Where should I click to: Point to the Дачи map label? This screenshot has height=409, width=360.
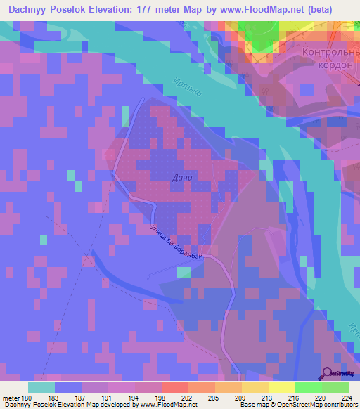181,178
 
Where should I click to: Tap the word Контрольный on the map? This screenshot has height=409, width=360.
329,52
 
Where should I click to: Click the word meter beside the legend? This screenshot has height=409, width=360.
11,397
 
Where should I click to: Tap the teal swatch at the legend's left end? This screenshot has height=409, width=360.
41,387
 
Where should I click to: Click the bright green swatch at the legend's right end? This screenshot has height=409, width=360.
335,387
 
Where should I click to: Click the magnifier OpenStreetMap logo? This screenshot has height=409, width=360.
328,374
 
